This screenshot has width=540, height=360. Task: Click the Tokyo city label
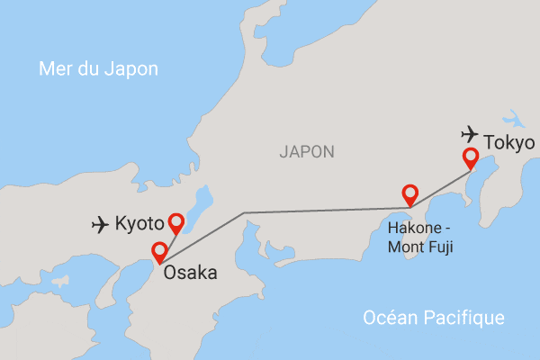(x=509, y=143)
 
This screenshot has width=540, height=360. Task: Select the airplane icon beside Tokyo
(x=469, y=134)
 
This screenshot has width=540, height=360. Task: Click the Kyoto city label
(x=139, y=222)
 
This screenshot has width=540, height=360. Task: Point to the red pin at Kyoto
(x=175, y=221)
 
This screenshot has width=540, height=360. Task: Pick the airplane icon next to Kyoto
(x=101, y=223)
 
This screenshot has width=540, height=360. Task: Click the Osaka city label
(x=190, y=270)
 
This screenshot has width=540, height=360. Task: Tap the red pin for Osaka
(x=159, y=251)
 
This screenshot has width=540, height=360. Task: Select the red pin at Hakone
(x=409, y=193)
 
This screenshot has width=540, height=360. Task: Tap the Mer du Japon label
(x=98, y=69)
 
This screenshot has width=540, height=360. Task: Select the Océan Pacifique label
(x=433, y=318)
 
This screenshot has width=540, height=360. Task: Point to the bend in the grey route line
(x=245, y=213)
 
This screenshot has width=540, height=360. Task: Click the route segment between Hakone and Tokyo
(x=441, y=191)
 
